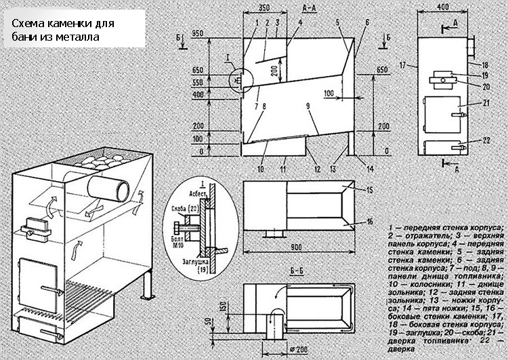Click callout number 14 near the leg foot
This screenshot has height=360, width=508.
pyautogui.click(x=370, y=167)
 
